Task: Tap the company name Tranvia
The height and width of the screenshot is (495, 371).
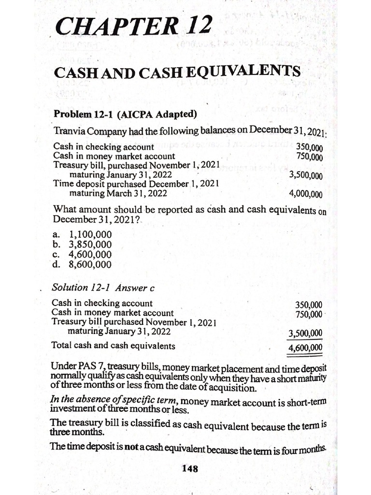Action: click(71, 131)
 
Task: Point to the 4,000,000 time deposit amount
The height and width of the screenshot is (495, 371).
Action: click(305, 194)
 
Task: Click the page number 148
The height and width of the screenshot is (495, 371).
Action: click(189, 468)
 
